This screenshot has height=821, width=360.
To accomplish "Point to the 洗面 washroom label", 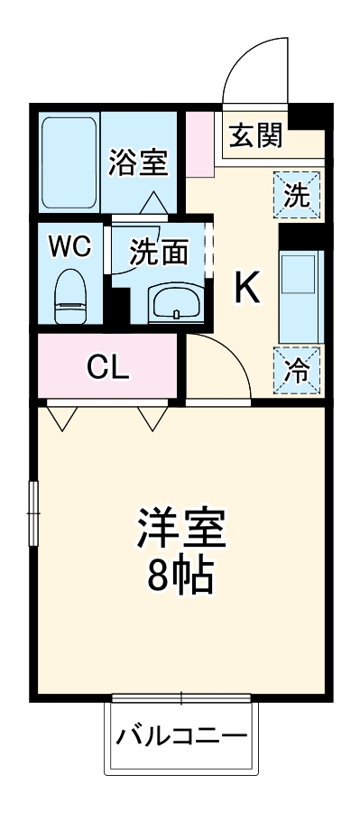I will click(159, 252).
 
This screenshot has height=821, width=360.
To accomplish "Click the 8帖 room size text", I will click(180, 576).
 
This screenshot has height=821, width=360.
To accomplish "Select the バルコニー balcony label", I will click(181, 736).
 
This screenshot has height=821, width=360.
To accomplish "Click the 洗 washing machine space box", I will click(298, 195).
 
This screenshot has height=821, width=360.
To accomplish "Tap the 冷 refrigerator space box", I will click(298, 370).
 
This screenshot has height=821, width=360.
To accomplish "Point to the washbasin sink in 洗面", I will click(175, 303).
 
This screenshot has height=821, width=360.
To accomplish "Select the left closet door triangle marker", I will click(62, 417).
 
